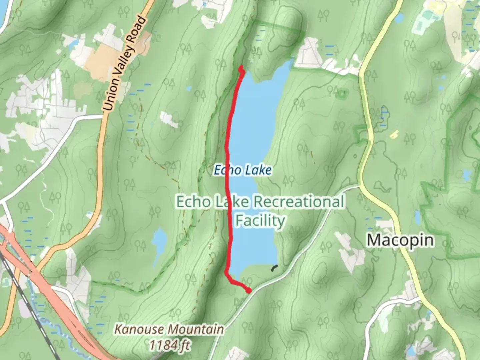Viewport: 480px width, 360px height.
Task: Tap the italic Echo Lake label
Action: (x=242, y=170)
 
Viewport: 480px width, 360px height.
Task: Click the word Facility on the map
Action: (x=260, y=221)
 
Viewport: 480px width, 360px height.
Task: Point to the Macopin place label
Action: (x=400, y=240)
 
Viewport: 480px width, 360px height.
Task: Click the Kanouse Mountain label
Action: (x=169, y=329)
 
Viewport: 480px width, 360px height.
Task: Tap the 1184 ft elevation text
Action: (x=169, y=345)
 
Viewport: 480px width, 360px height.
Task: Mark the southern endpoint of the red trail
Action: (x=249, y=291)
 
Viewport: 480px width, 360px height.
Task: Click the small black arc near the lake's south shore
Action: (x=275, y=268)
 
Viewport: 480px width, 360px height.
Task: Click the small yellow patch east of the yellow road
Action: (x=394, y=134)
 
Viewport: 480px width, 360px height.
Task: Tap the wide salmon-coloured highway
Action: (x=60, y=300)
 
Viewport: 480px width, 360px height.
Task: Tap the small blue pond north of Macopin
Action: (x=417, y=219)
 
